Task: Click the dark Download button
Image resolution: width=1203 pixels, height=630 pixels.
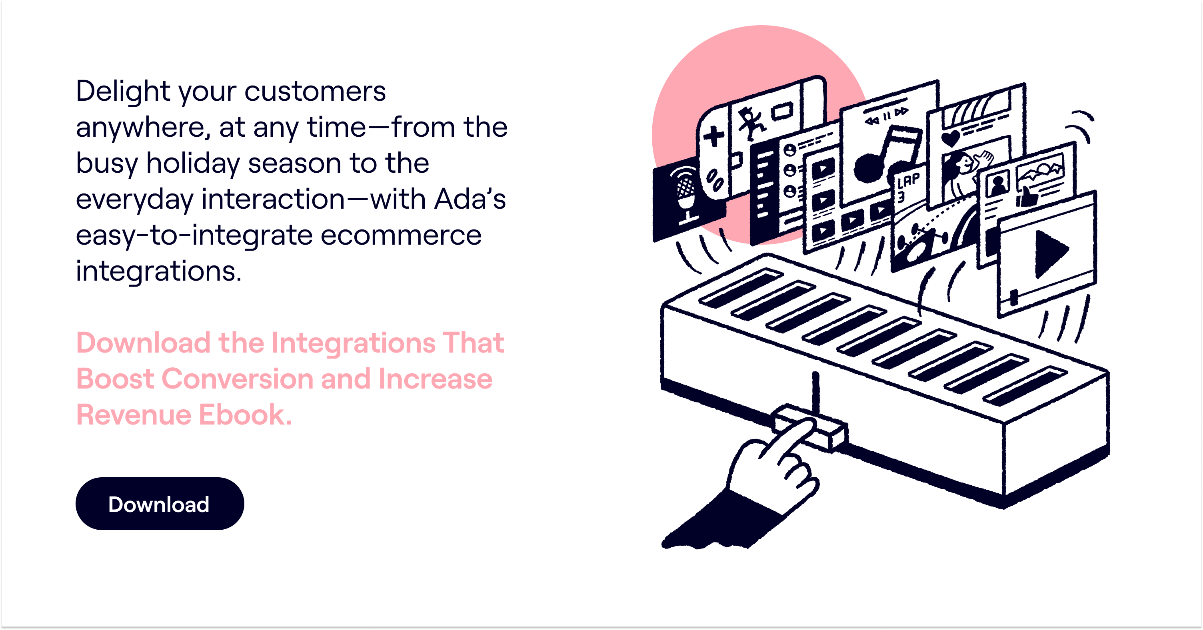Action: (160, 504)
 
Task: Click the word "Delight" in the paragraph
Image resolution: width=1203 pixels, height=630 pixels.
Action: (123, 92)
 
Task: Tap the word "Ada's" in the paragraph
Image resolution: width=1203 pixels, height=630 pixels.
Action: (470, 199)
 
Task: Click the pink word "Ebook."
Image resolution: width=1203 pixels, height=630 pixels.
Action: (246, 415)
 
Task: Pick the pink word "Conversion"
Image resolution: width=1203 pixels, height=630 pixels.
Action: (237, 379)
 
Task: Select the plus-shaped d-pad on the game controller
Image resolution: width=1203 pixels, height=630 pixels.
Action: (713, 136)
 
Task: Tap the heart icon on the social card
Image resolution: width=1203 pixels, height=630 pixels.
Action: (950, 139)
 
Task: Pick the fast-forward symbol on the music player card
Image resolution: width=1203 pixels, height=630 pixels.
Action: (902, 112)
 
